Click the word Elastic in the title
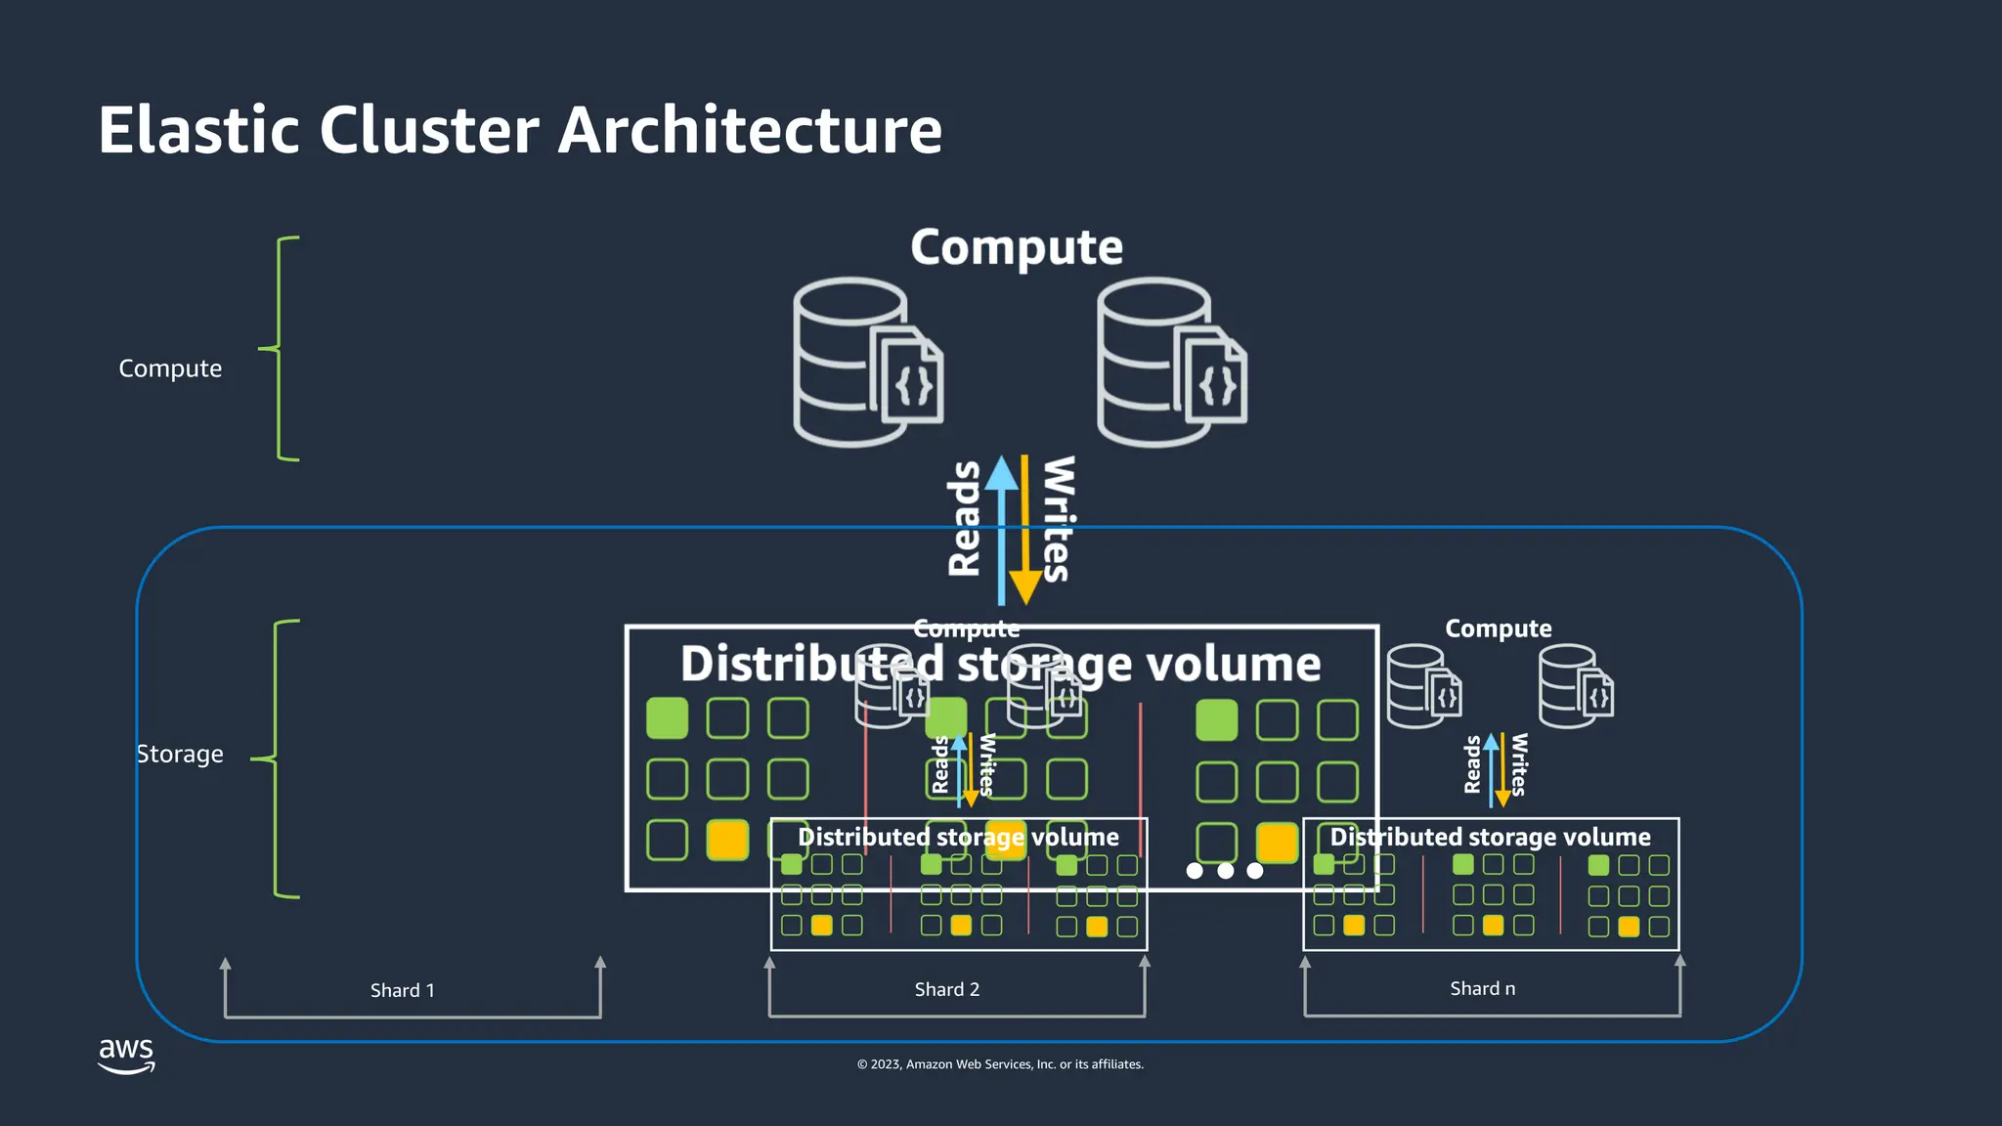(x=196, y=130)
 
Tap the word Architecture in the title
(x=750, y=130)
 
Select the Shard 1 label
(x=402, y=990)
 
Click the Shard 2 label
(x=946, y=989)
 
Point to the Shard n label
(x=1482, y=988)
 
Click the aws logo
(x=126, y=1055)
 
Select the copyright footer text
(x=1000, y=1064)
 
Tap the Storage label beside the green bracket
(x=180, y=755)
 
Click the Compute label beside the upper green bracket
(x=170, y=368)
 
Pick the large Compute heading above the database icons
(x=1017, y=246)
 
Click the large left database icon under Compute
(x=866, y=362)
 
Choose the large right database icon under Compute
(x=1170, y=362)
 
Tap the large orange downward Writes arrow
(x=1024, y=533)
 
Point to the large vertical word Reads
(x=965, y=518)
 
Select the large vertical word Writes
(x=1059, y=518)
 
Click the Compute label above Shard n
(x=1498, y=628)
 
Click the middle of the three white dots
(x=1225, y=870)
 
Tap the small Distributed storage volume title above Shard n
(x=1490, y=837)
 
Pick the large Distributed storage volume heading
(x=1000, y=664)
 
